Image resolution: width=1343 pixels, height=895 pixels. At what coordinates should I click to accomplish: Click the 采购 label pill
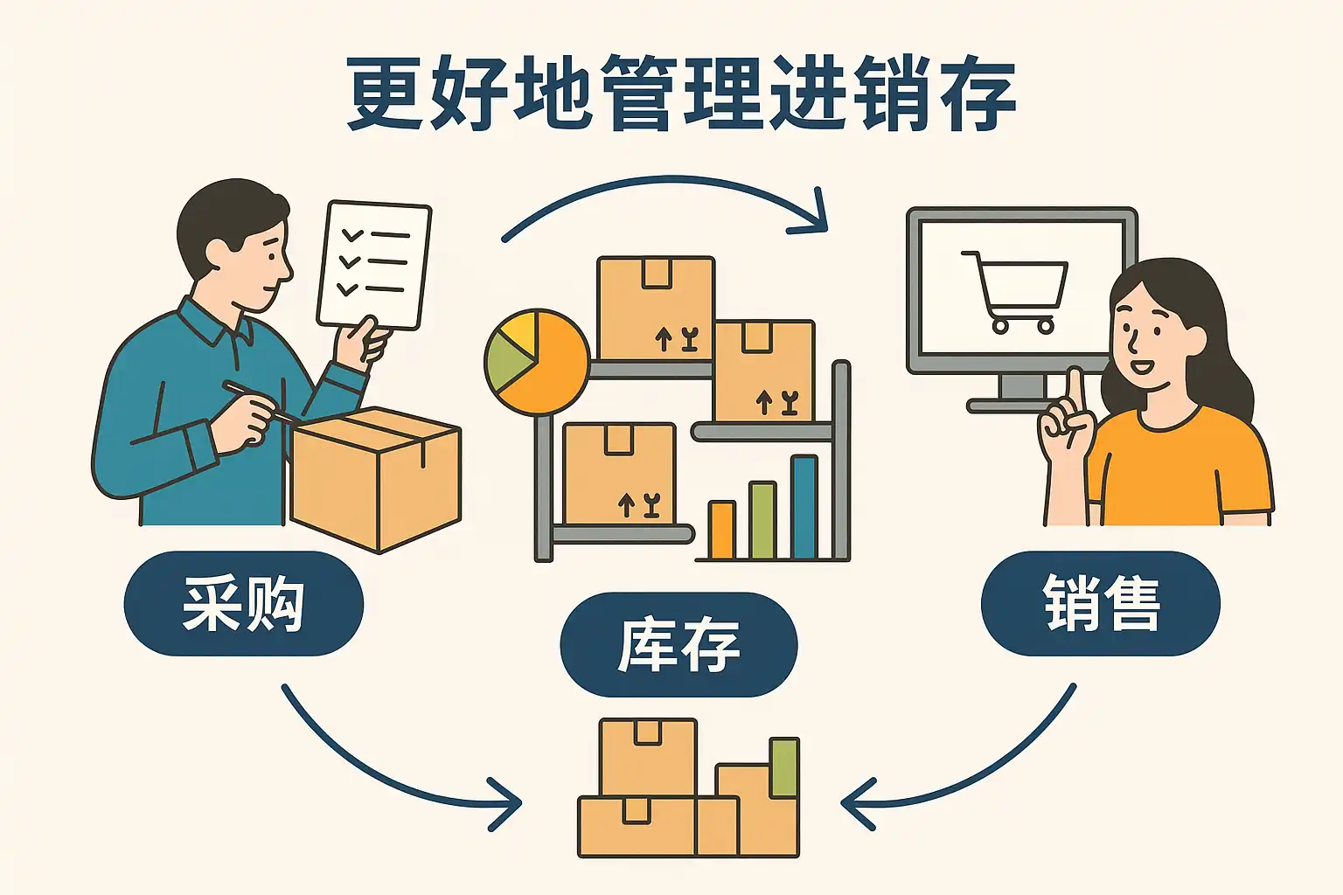[x=243, y=603]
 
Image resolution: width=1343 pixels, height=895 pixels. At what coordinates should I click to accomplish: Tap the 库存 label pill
[x=678, y=644]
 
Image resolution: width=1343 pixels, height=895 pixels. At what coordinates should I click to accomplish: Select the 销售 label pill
[x=1100, y=603]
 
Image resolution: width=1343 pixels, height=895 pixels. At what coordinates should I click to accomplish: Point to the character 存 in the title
[x=977, y=93]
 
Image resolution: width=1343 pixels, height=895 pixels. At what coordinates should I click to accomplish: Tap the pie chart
[x=537, y=361]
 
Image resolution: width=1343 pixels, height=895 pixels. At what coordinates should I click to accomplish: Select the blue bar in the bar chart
[x=804, y=507]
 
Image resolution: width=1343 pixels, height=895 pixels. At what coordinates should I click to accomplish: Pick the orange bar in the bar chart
[x=721, y=530]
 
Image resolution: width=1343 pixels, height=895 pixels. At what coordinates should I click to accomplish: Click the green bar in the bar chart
[x=762, y=520]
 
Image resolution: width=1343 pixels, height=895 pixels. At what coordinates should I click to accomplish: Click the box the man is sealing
[x=376, y=480]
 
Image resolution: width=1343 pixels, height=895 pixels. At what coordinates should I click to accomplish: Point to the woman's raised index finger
[x=1075, y=396]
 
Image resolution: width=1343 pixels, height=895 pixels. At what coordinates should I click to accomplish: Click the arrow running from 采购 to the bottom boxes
[x=384, y=780]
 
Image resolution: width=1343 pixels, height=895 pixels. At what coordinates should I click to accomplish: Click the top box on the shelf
[x=656, y=309]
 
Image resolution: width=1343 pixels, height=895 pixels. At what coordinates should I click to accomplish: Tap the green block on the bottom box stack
[x=784, y=767]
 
